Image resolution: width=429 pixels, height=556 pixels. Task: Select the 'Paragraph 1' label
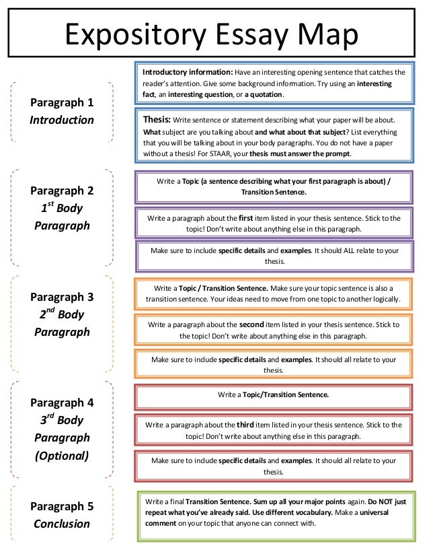[61, 102]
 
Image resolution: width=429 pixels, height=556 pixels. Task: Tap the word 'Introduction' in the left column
[61, 120]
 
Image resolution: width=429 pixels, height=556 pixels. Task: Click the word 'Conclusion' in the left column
[61, 524]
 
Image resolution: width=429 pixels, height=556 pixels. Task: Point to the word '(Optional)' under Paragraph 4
[61, 455]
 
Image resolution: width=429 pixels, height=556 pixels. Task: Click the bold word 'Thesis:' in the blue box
[157, 119]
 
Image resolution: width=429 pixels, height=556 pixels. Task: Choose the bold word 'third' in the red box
[245, 425]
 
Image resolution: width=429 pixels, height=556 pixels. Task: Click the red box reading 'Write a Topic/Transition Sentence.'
[273, 394]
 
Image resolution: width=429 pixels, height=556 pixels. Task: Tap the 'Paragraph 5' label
[61, 506]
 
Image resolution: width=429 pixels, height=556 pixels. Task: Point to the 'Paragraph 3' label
[61, 296]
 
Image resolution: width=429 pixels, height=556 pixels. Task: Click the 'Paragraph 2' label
[61, 190]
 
